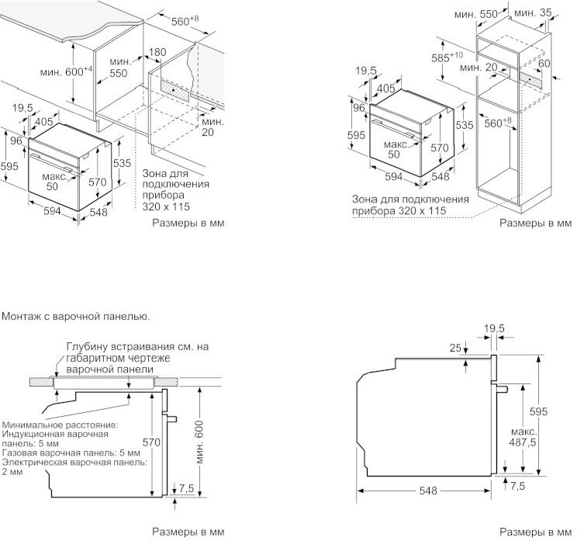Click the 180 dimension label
(x=157, y=52)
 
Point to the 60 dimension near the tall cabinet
(x=544, y=63)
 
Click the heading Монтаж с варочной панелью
(x=76, y=316)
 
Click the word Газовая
(x=19, y=452)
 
